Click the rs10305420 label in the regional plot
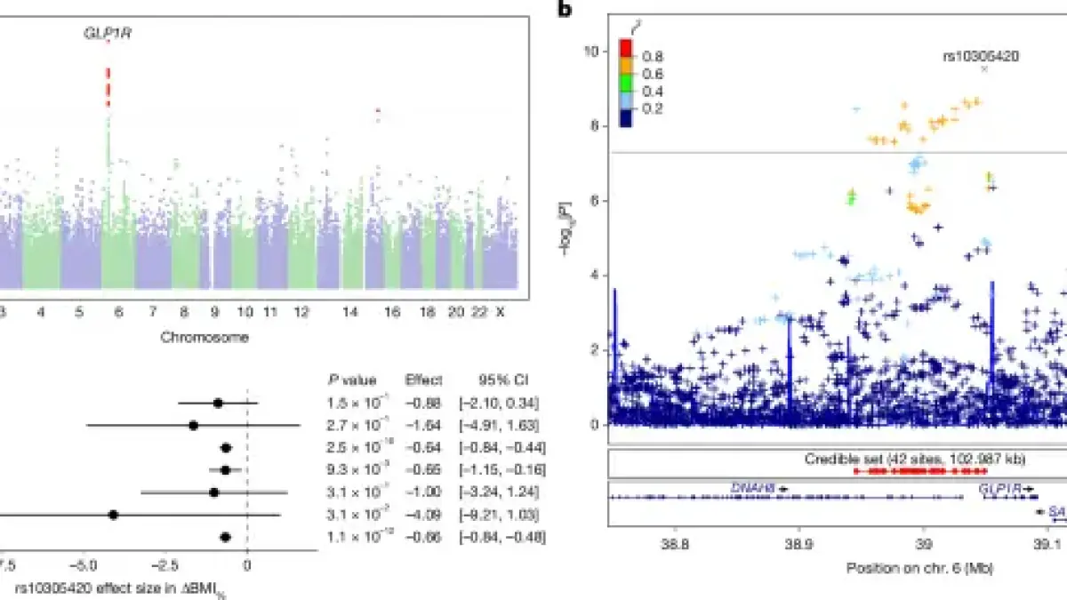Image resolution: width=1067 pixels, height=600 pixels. coord(980,55)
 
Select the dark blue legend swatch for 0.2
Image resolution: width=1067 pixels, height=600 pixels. coord(625,116)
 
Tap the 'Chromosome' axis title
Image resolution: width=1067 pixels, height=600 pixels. coord(205,337)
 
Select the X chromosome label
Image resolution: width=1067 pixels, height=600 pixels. coord(500,313)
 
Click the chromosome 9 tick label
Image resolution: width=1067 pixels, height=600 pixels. coord(214,313)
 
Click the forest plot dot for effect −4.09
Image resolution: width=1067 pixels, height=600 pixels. coord(113,515)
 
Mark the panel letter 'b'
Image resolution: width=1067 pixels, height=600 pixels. coord(564,11)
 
